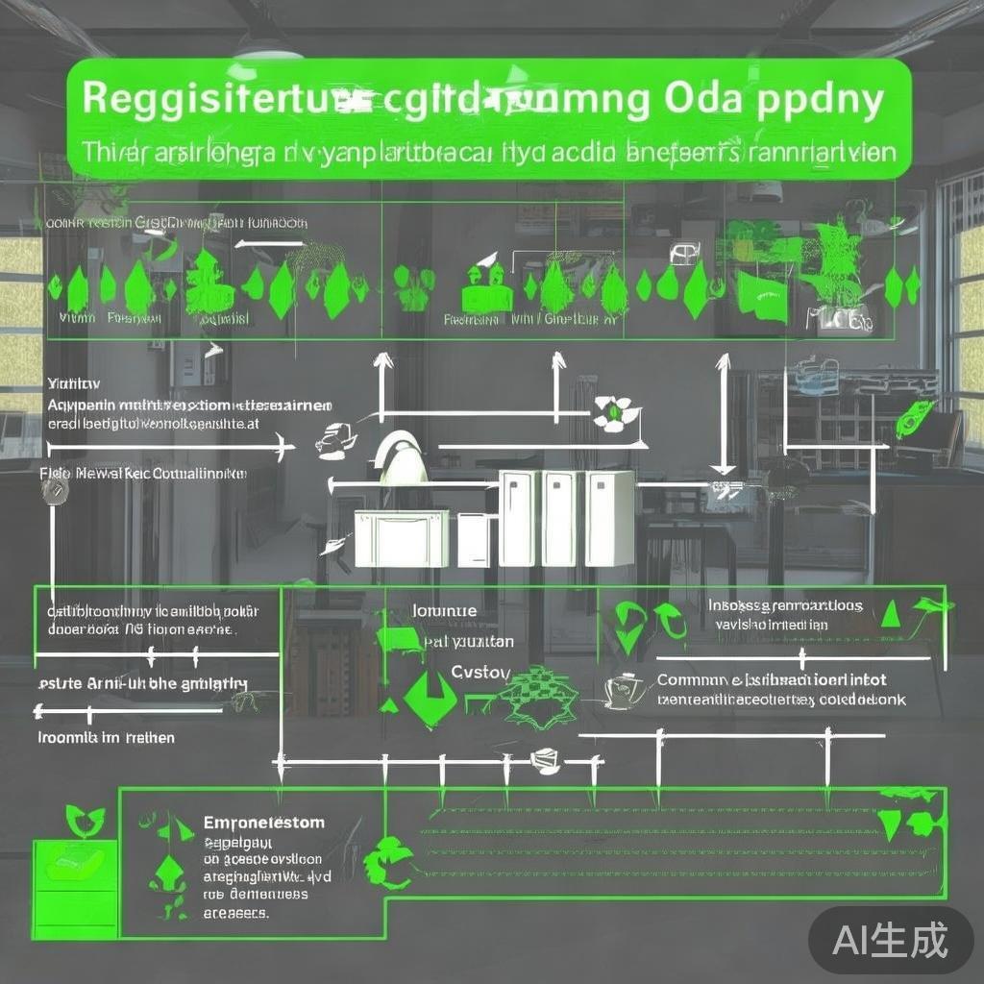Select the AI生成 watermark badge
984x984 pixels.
[890, 940]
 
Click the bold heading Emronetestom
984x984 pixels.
[264, 824]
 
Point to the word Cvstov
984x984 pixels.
[481, 673]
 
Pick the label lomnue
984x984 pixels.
[444, 610]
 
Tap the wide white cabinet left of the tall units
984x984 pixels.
[401, 538]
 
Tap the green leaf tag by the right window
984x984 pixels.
[912, 420]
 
